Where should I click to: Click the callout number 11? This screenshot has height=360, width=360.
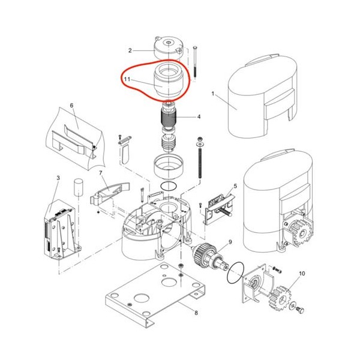pos(127,79)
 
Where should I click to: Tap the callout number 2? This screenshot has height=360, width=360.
pos(130,50)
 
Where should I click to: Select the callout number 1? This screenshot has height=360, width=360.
pos(213,94)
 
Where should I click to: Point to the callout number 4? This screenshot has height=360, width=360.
pos(199,117)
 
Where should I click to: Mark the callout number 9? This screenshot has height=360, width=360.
pos(230,242)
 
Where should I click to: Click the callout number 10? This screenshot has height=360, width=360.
pos(302,274)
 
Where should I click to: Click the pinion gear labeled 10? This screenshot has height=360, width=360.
pos(281,298)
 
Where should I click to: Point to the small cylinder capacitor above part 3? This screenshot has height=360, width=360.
pos(78,187)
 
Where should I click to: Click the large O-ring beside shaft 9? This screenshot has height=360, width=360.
pos(236,274)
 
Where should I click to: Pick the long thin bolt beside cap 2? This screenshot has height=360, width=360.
pos(195,62)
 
